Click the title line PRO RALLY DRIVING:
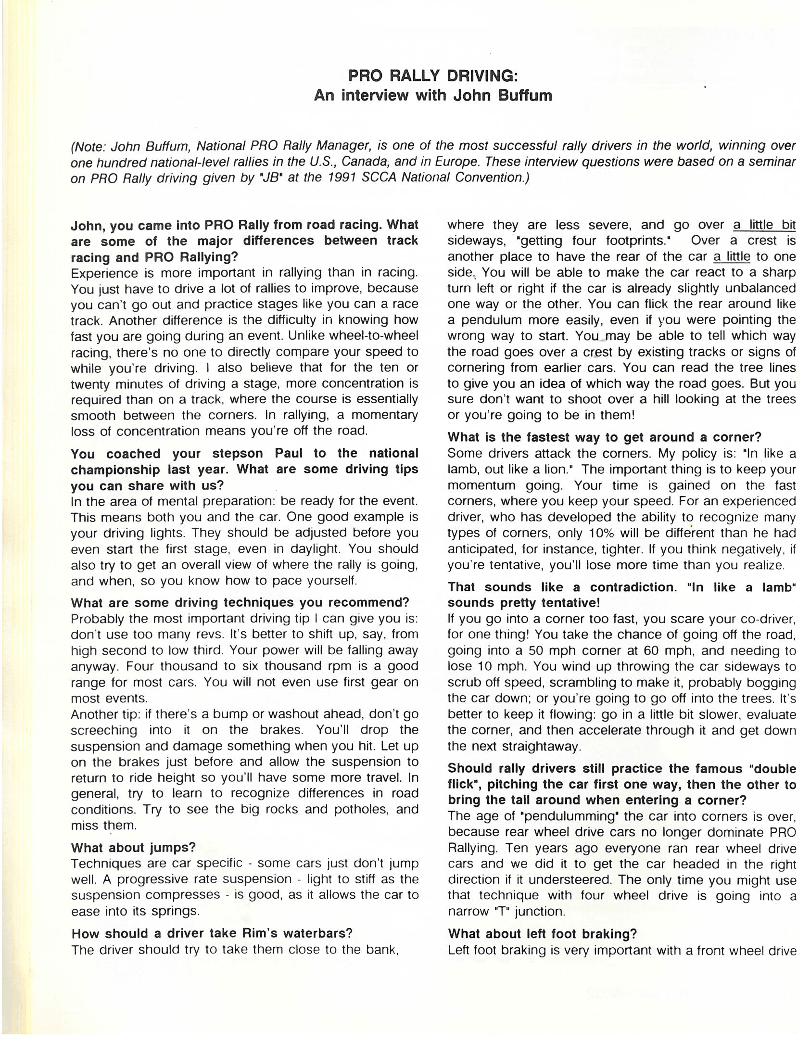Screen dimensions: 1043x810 432,76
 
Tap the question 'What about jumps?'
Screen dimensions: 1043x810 133,847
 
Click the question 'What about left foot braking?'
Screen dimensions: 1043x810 542,934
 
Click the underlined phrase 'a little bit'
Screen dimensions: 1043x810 764,225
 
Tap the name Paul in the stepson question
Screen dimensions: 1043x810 289,454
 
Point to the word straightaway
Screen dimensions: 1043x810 541,746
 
